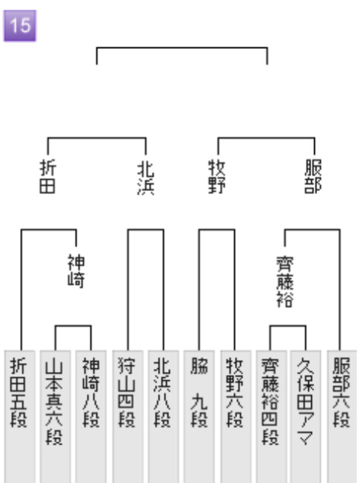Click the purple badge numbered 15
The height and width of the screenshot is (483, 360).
20,26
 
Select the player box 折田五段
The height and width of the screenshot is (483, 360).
19,416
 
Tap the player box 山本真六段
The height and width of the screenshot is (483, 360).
55,416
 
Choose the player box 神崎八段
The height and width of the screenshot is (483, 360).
91,416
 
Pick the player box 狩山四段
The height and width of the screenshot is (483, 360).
127,416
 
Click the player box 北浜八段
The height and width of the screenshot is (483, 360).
163,416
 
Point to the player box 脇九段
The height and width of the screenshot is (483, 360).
199,416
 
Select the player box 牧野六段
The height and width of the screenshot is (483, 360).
236,416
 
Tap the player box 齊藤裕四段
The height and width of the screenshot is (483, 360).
271,416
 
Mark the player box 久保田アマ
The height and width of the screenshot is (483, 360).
305,416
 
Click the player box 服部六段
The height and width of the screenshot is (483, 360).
341,416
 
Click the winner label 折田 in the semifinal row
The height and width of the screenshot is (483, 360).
47,176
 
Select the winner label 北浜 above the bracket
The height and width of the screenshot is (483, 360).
146,179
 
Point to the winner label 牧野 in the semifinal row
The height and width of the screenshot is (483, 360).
217,176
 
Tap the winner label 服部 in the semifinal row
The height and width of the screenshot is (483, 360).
313,176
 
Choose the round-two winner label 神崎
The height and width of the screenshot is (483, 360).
76,271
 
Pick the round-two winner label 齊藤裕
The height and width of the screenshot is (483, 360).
285,282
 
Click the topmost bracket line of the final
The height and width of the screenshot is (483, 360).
182,47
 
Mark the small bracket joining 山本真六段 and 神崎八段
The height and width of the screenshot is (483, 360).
73,326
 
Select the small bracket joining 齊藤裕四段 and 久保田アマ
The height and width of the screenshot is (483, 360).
288,326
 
